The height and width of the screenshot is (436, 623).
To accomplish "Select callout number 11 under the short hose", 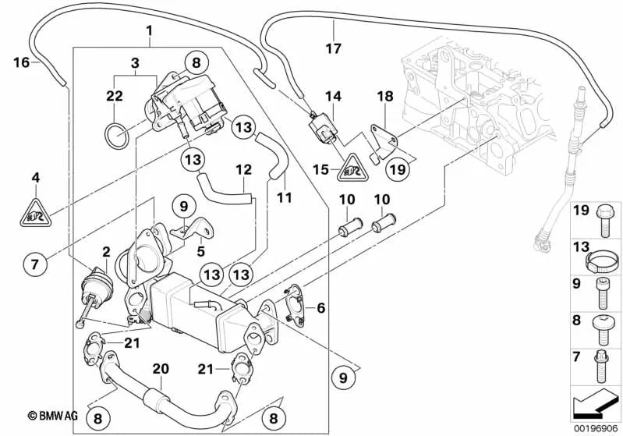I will [x=284, y=198].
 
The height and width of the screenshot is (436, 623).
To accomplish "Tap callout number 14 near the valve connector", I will [x=334, y=96].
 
